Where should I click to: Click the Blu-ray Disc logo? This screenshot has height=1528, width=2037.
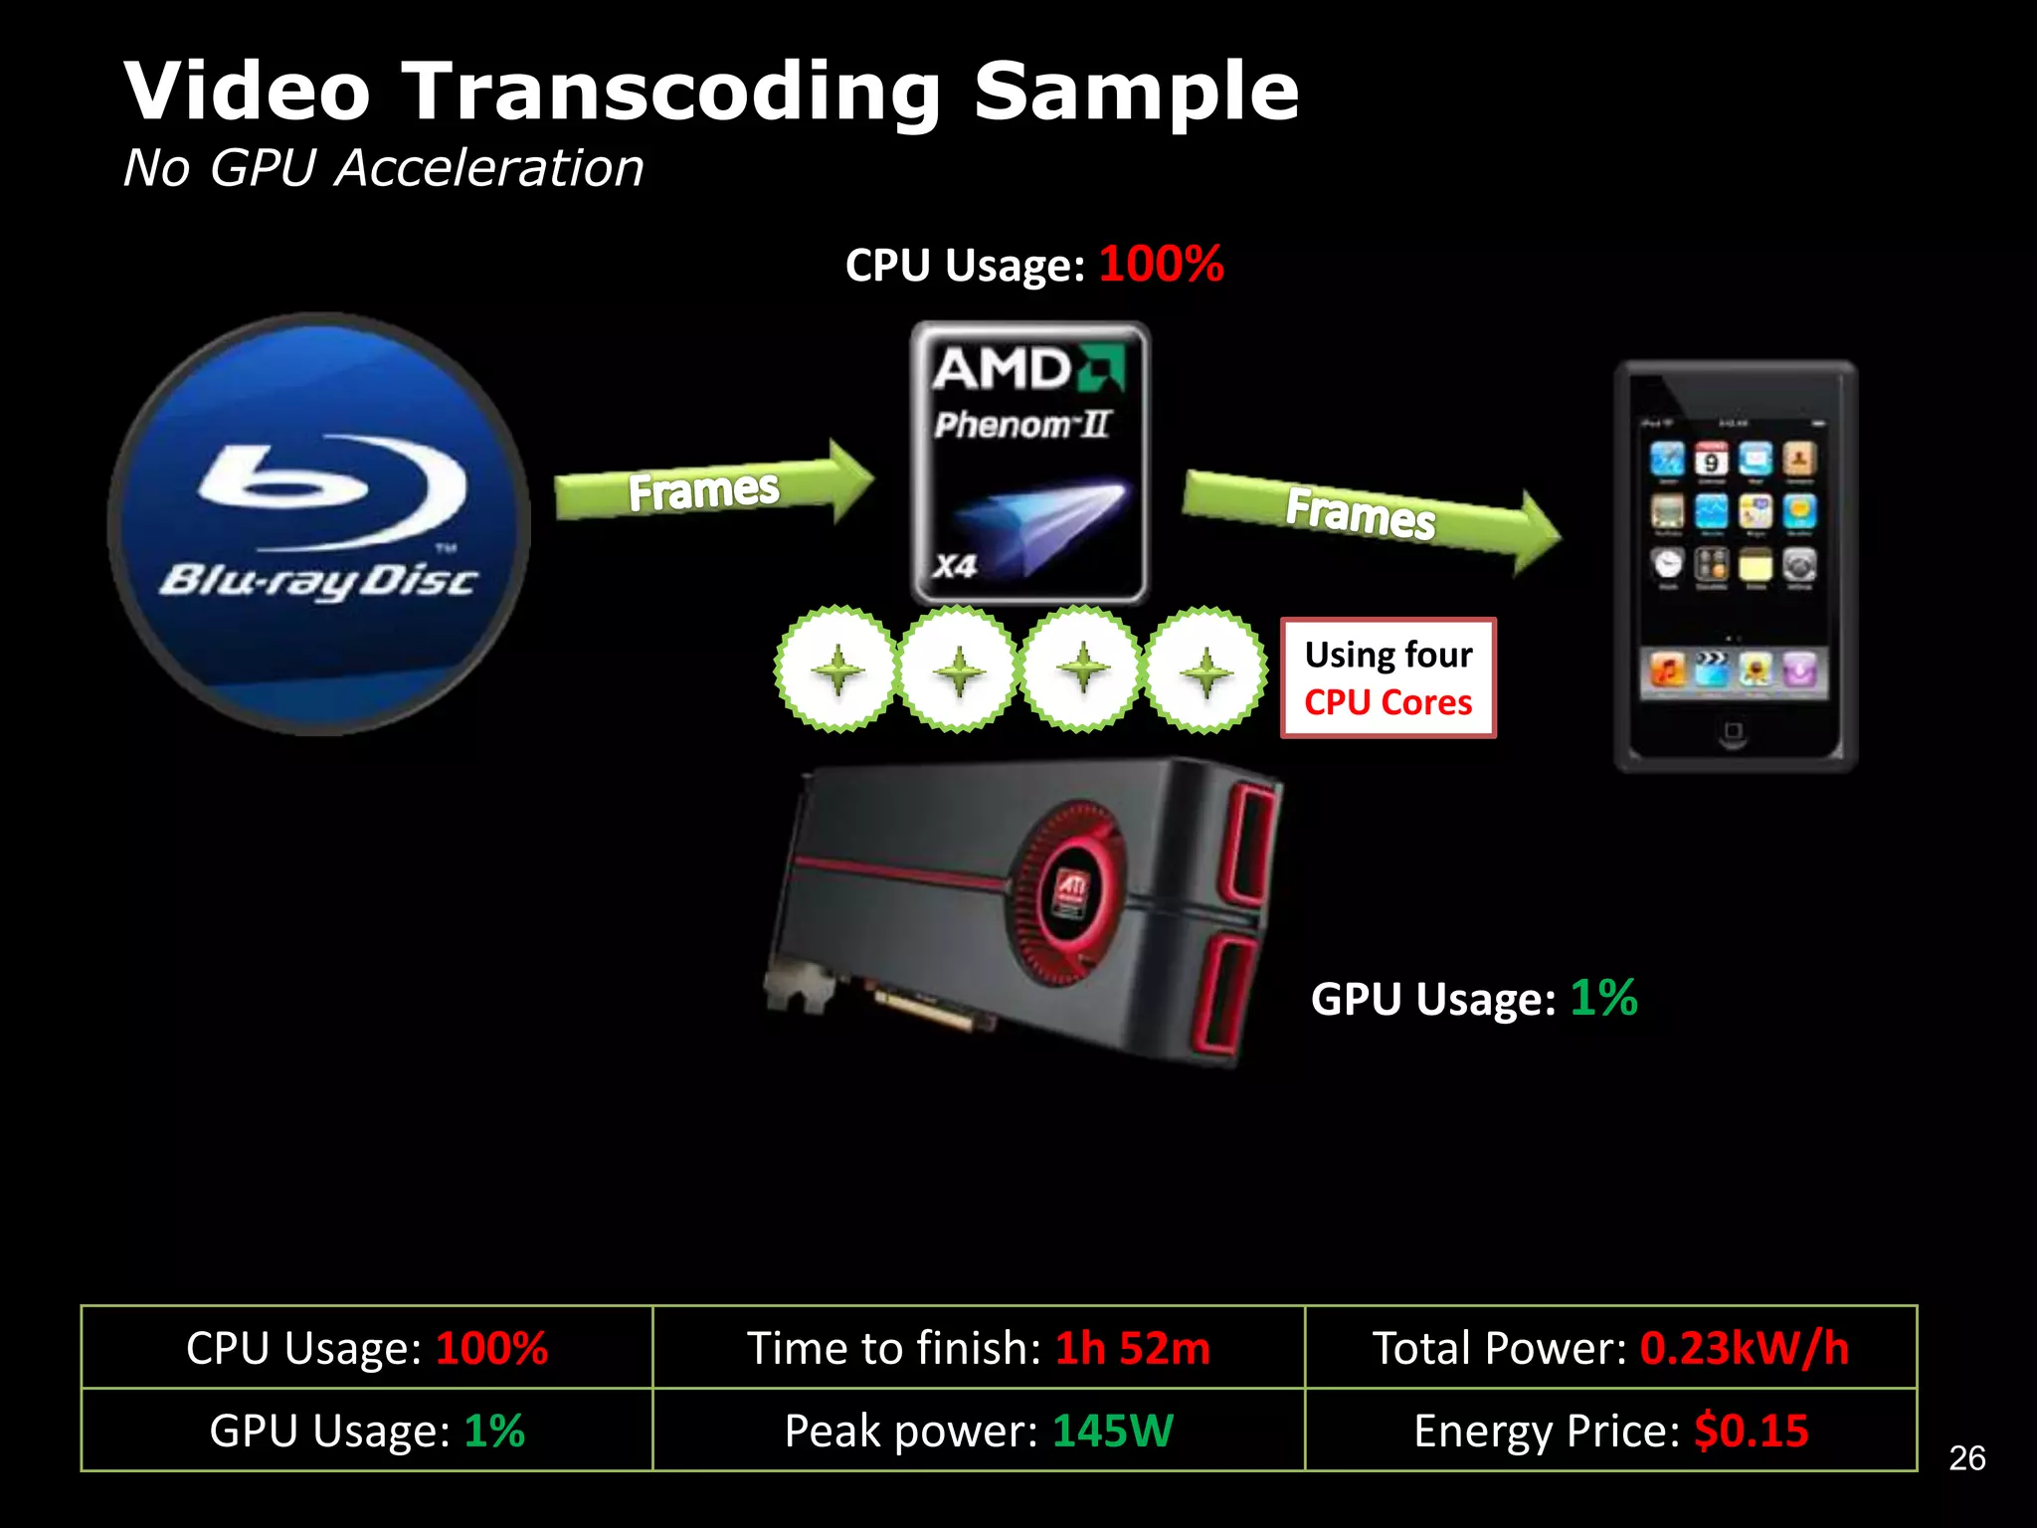point(318,524)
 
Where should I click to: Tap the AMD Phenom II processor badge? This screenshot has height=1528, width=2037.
point(1030,463)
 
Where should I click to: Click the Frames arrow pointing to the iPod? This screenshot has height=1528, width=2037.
point(1369,515)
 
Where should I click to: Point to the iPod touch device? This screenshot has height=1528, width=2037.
point(1735,565)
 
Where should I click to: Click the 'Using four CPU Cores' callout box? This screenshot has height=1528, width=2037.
point(1389,678)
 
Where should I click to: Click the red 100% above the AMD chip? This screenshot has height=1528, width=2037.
point(1161,265)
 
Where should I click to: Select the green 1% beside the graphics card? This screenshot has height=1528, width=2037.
point(1603,998)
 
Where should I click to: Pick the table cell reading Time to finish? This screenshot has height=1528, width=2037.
point(979,1348)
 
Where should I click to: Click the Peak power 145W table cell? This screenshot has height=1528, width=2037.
point(979,1431)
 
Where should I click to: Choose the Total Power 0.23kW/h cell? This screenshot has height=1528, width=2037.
point(1610,1348)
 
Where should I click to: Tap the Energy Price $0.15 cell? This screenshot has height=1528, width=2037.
point(1610,1431)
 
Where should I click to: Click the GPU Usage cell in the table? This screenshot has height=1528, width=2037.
point(367,1431)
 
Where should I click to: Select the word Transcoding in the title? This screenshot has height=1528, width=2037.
point(670,92)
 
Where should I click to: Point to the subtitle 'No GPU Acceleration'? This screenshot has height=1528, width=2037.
point(383,167)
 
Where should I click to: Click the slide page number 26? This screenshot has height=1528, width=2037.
point(1966,1458)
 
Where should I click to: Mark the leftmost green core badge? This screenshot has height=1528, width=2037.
point(837,669)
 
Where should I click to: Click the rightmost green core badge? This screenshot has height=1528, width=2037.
point(1205,669)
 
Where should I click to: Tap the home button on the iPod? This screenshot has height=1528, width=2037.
point(1734,732)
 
